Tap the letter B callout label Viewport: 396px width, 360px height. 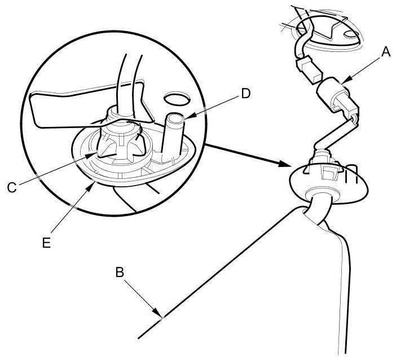point(119,272)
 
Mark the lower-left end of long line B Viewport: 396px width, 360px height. point(139,339)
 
